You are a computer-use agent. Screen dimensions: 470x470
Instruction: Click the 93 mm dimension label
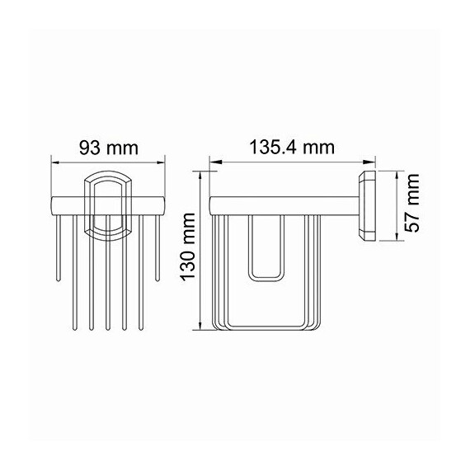107,148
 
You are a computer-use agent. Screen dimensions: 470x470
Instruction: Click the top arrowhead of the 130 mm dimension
203,174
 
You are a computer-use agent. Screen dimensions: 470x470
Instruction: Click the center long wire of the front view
107,280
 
